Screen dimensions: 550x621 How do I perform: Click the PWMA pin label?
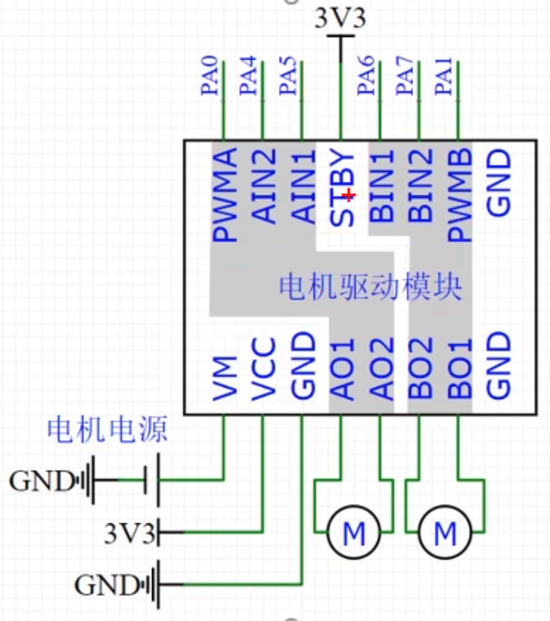[x=225, y=195]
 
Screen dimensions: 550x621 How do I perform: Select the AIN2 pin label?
[x=263, y=186]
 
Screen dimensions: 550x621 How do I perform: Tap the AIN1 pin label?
[x=303, y=186]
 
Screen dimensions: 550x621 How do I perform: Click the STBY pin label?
[x=341, y=188]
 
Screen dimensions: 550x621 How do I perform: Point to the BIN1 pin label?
[x=381, y=186]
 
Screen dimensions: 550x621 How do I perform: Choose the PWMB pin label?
[x=459, y=195]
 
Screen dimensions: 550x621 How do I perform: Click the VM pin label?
[x=225, y=378]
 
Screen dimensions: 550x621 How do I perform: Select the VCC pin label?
[x=263, y=369]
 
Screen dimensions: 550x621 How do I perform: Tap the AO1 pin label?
[x=341, y=369]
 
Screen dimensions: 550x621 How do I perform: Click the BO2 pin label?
[x=420, y=368]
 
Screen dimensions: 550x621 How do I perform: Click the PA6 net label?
[x=366, y=76]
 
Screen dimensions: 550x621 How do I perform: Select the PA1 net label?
[x=444, y=76]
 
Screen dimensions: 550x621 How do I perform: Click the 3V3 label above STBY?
[x=340, y=18]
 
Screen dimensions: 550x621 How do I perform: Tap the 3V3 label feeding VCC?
[x=129, y=532]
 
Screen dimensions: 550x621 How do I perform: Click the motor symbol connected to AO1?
[x=354, y=532]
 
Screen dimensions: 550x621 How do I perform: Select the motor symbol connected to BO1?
[x=445, y=532]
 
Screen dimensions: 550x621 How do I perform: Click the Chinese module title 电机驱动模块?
[x=371, y=287]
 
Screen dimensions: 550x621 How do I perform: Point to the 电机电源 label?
[x=107, y=429]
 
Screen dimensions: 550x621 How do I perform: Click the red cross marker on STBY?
[x=349, y=195]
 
